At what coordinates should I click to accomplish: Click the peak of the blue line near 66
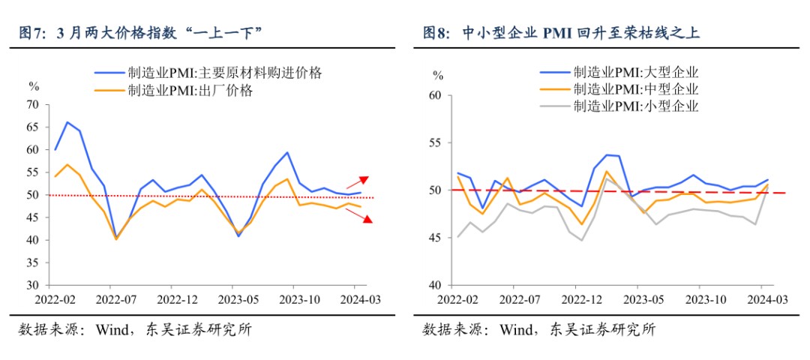[x=67, y=122]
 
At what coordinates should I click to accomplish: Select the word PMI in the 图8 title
[x=559, y=32]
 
